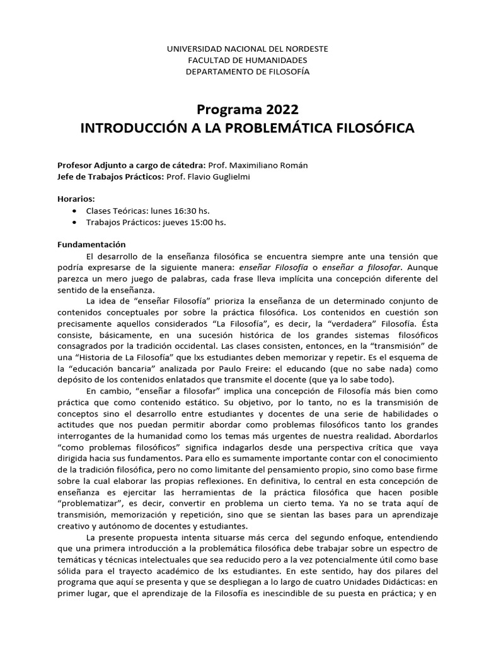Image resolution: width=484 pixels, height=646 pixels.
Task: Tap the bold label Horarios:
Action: tap(77, 198)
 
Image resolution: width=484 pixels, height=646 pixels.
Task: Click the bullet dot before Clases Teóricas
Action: tap(76, 211)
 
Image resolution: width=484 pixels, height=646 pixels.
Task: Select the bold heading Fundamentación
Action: tap(92, 244)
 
